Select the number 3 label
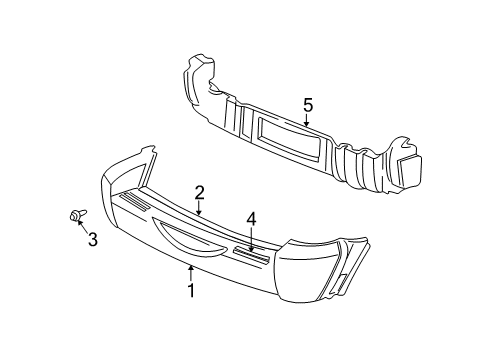click(x=92, y=239)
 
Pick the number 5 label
click(x=308, y=103)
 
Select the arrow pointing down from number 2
click(x=200, y=207)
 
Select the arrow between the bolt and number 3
click(x=82, y=226)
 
